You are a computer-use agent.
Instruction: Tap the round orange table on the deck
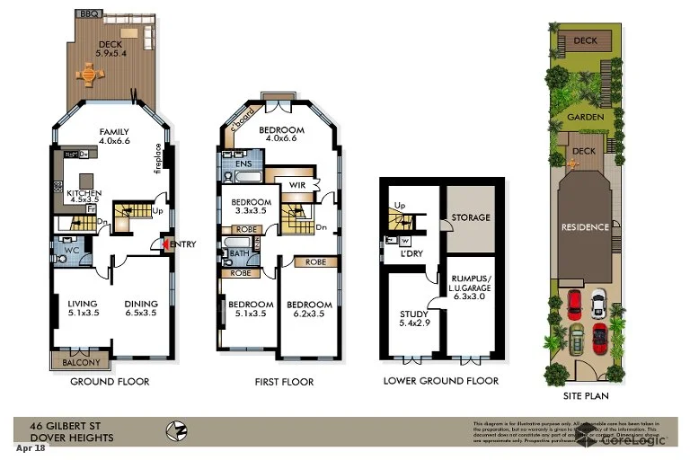[90, 75]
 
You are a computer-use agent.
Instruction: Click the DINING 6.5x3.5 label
[141, 309]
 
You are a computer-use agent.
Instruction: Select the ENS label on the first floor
[243, 164]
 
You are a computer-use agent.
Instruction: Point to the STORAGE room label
[471, 217]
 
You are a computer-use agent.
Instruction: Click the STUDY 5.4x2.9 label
[414, 319]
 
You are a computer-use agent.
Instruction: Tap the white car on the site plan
[597, 301]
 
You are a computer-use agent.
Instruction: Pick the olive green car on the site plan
[575, 340]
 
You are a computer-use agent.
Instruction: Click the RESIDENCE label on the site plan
[585, 227]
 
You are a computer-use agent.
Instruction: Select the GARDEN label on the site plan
[584, 117]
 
